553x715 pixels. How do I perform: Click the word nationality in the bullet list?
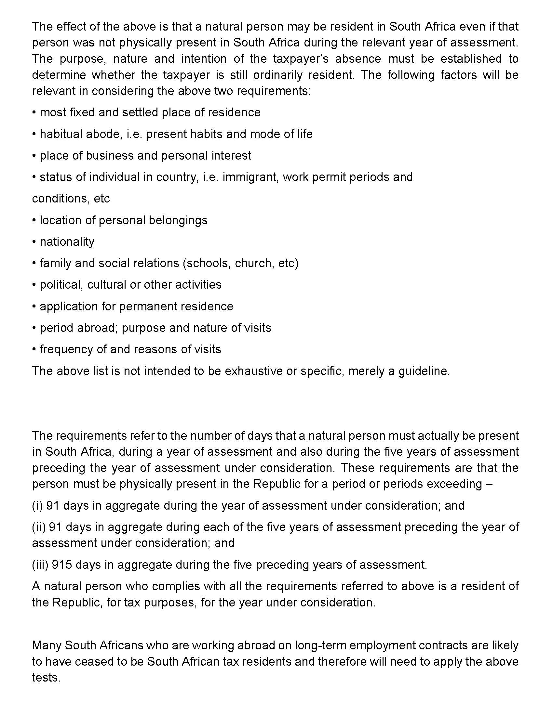coord(67,241)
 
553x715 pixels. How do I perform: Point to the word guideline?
coord(424,371)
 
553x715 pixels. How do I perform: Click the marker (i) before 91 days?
coord(37,506)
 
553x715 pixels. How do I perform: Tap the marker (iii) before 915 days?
coord(40,565)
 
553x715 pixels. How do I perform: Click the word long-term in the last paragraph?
coord(322,645)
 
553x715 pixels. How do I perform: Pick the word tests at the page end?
coord(46,677)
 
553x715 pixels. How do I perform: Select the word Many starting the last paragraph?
coord(47,645)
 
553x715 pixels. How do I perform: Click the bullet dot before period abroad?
coord(34,328)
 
